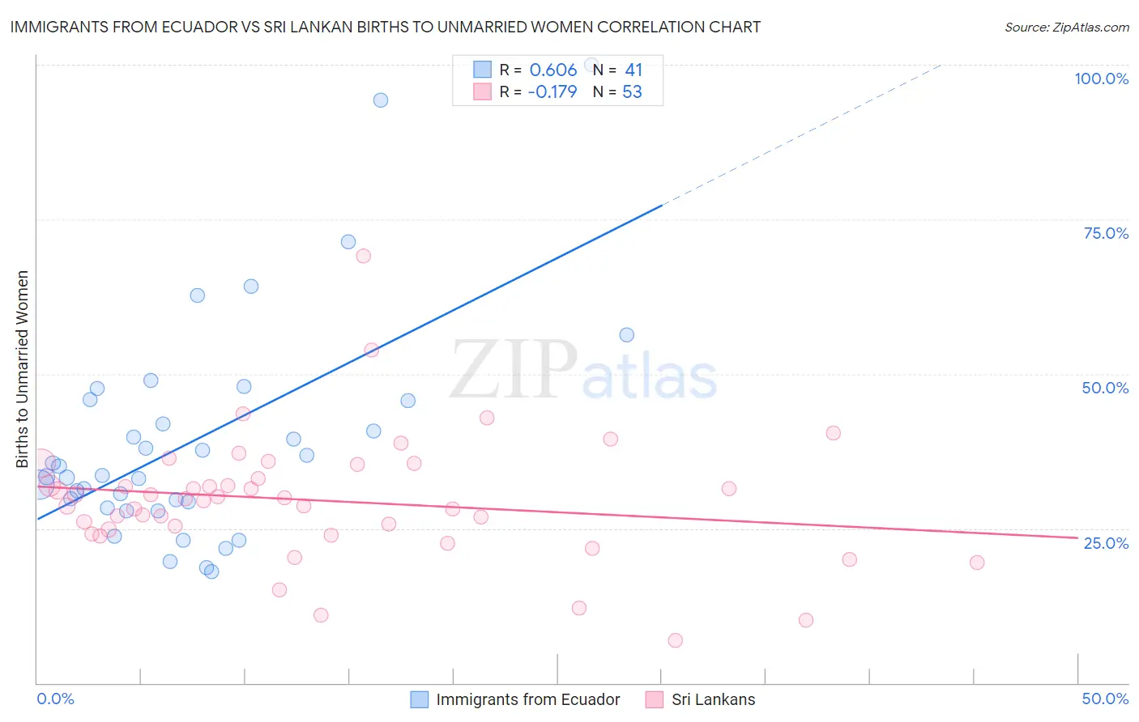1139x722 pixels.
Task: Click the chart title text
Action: tap(385, 27)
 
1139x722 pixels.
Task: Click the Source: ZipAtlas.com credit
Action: tap(1066, 27)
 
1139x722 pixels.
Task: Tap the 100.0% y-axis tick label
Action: tap(1101, 79)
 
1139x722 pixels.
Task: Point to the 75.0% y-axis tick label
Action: tap(1106, 233)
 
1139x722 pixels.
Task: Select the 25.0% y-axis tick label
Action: tap(1106, 542)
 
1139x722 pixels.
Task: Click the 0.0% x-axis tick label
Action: tap(55, 699)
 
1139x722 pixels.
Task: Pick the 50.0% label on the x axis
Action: tap(1105, 699)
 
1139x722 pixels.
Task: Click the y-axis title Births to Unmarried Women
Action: tap(22, 369)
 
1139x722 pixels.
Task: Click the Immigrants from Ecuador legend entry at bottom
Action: tap(527, 699)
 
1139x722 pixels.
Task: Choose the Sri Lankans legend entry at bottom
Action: tap(713, 699)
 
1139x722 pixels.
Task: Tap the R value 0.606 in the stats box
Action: tap(552, 70)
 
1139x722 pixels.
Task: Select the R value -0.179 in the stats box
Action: tap(552, 92)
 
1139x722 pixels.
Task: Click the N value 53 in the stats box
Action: tap(632, 92)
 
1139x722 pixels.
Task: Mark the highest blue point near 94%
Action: tap(381, 100)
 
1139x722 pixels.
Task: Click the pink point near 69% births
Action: tap(363, 256)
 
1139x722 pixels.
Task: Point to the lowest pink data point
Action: tap(675, 640)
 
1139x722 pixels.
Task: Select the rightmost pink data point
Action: tap(977, 563)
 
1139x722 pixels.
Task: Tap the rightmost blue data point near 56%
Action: tap(626, 335)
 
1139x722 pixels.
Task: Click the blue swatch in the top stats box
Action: tap(482, 70)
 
